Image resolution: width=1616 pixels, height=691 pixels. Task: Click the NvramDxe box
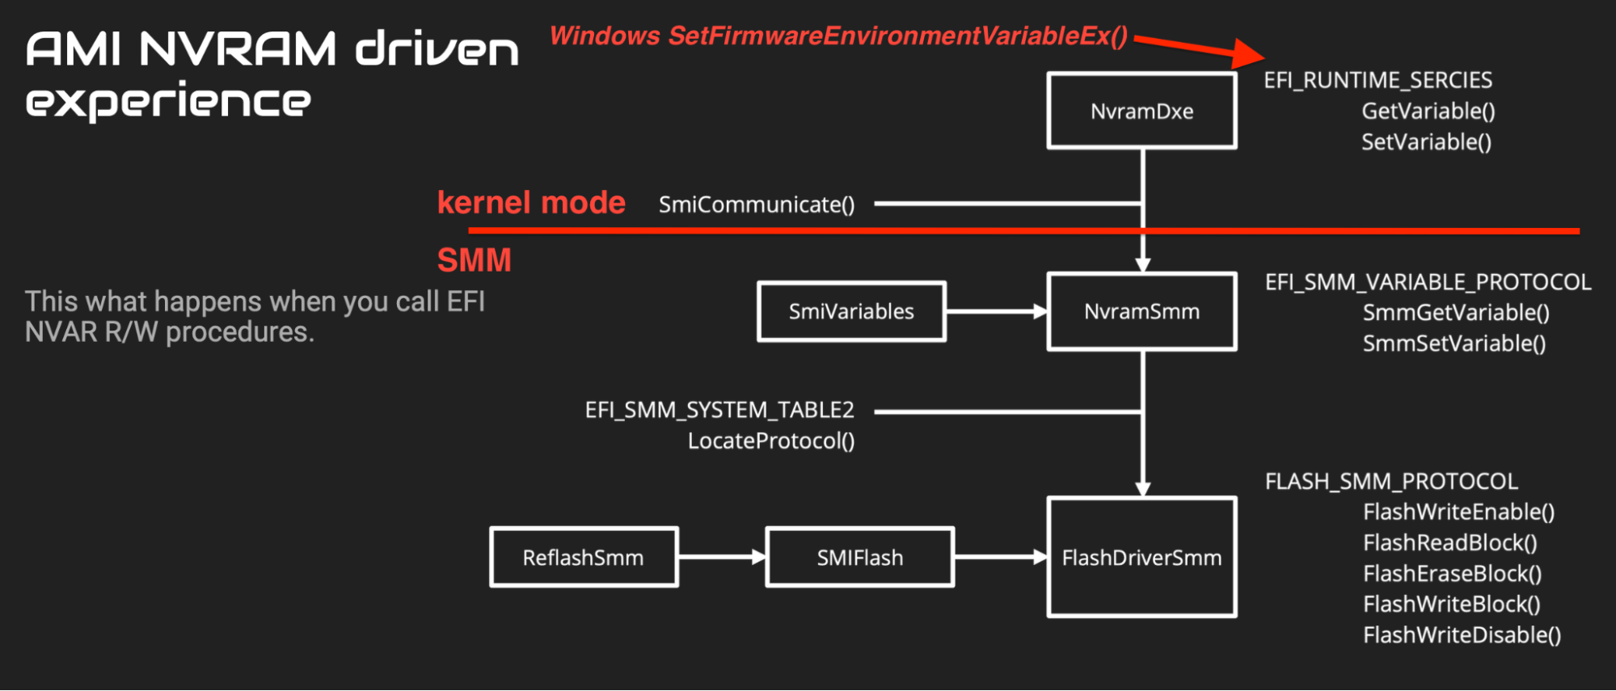(x=1141, y=111)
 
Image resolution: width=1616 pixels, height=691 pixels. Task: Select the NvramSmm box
(x=1141, y=311)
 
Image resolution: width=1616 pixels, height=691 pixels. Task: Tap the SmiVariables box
(x=851, y=311)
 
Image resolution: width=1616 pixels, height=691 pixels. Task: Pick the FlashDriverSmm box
(x=1141, y=558)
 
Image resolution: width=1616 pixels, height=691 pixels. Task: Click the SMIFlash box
(x=859, y=558)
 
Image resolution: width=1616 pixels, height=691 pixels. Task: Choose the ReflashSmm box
(x=583, y=558)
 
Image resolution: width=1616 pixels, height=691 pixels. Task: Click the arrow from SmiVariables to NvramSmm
(x=996, y=311)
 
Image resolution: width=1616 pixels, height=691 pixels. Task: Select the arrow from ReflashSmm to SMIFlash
(x=721, y=557)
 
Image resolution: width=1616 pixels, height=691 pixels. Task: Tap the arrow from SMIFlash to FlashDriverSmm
(x=1000, y=557)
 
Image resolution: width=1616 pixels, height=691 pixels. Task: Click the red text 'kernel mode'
(x=531, y=203)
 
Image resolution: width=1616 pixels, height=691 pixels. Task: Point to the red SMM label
(x=475, y=260)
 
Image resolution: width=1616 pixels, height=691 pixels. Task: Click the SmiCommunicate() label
(x=757, y=204)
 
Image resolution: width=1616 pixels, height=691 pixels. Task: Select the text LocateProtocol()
(x=771, y=441)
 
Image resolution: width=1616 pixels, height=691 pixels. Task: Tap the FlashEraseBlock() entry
(x=1452, y=574)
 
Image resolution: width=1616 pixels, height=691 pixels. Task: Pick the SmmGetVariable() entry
(x=1456, y=313)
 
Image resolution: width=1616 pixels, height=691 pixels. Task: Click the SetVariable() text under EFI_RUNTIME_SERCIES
(x=1426, y=142)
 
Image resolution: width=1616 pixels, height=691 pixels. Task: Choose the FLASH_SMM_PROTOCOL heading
(x=1391, y=482)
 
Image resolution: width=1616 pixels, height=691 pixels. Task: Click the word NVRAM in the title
(x=237, y=49)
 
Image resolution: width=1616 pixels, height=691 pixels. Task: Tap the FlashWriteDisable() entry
(x=1462, y=635)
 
